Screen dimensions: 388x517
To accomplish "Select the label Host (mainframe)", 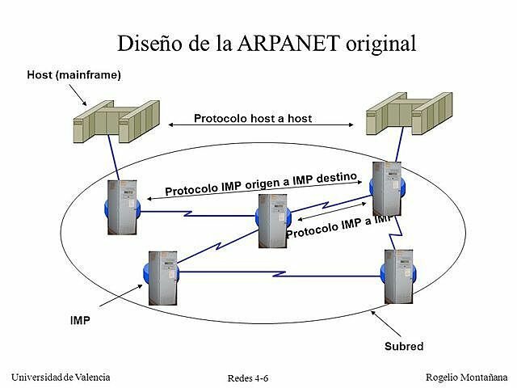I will pyautogui.click(x=74, y=75).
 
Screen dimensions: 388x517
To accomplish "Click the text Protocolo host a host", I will pyautogui.click(x=253, y=118).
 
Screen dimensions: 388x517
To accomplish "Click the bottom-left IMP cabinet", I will pyautogui.click(x=162, y=276).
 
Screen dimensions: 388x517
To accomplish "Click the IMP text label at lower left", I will pyautogui.click(x=80, y=320).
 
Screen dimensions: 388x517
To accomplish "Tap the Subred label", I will pyautogui.click(x=403, y=346).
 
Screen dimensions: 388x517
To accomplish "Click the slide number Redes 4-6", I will pyautogui.click(x=248, y=378).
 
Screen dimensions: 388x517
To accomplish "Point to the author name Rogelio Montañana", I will pyautogui.click(x=466, y=377).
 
